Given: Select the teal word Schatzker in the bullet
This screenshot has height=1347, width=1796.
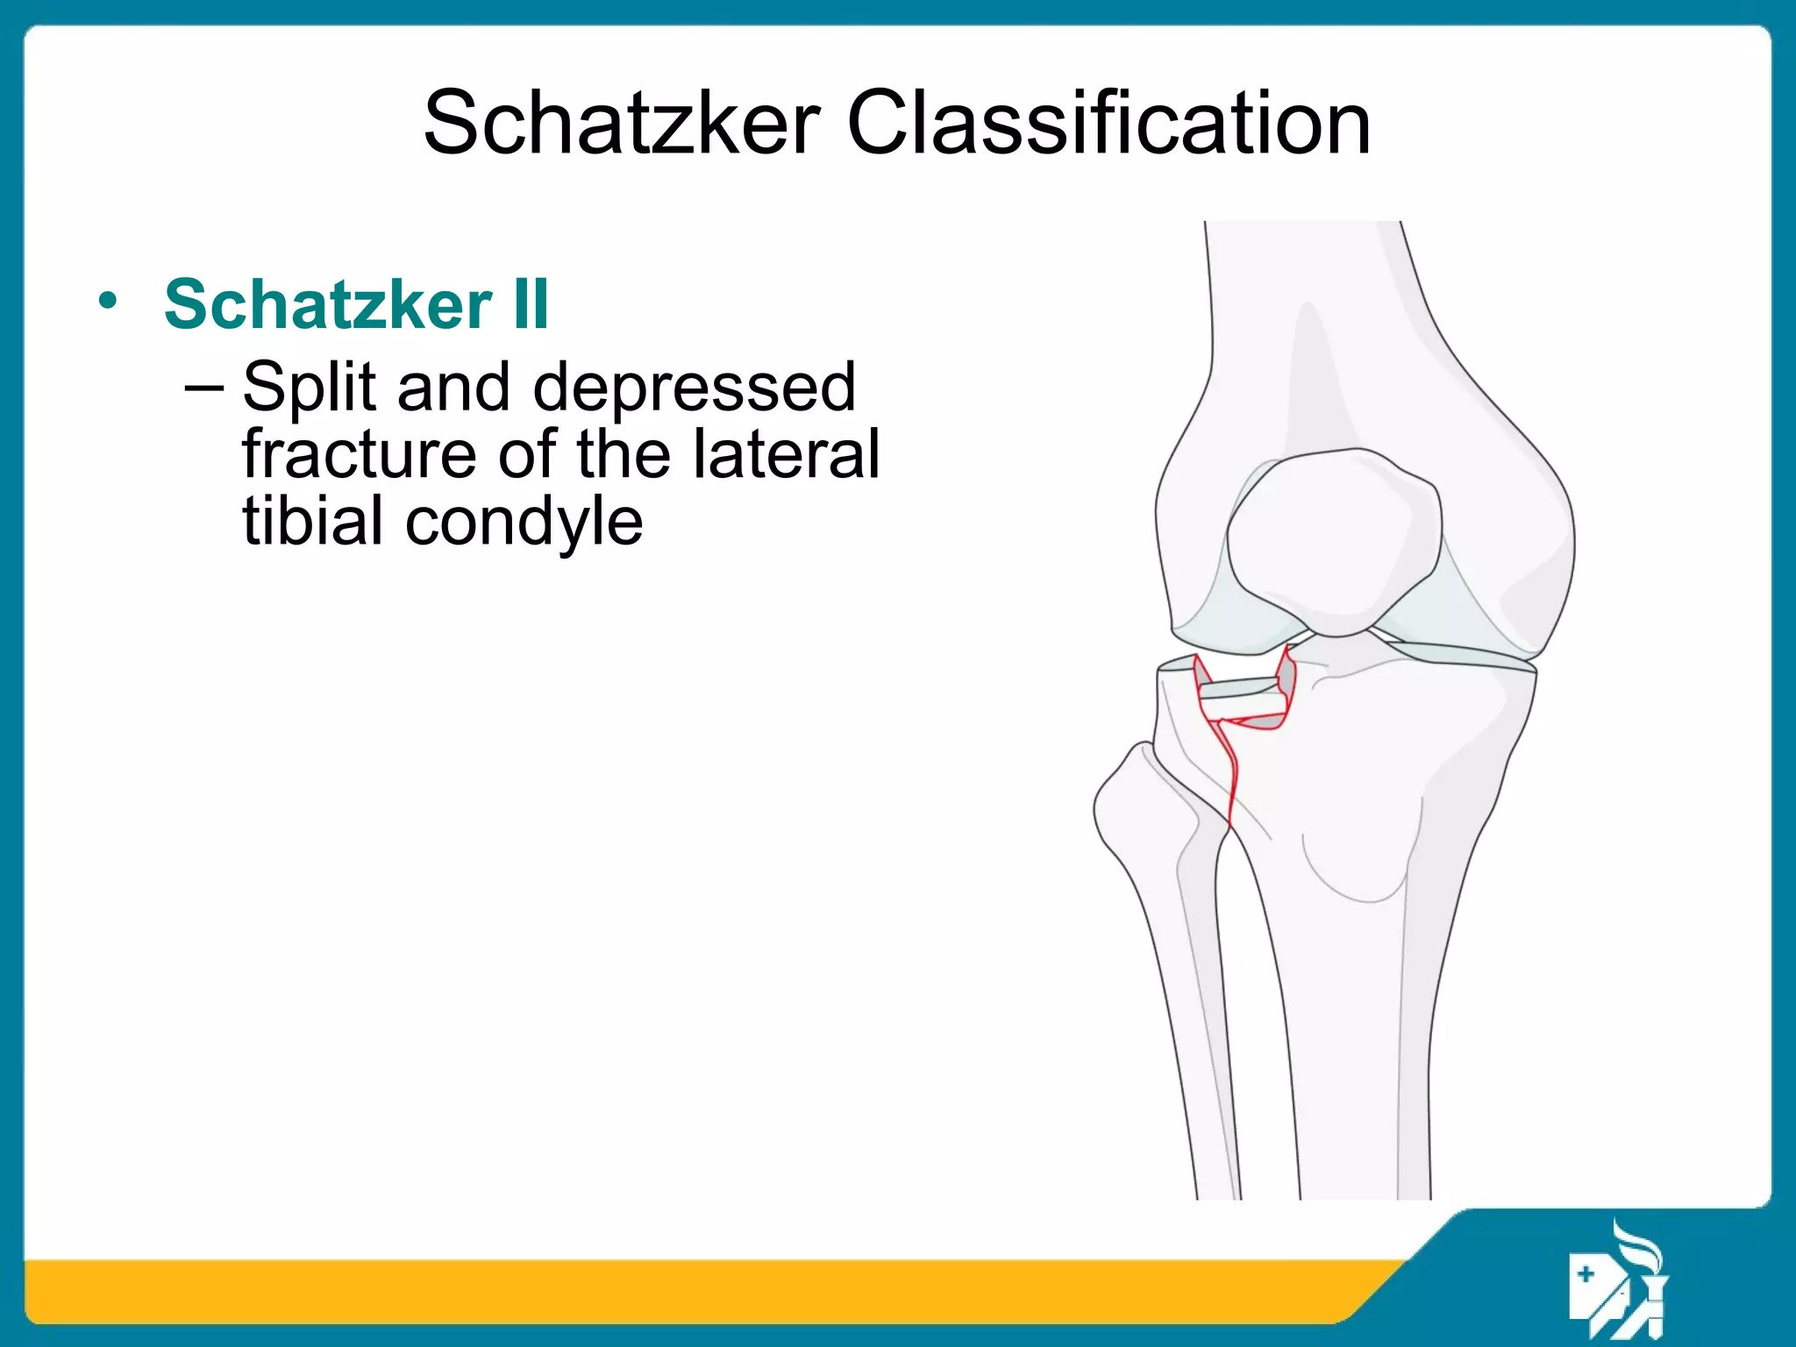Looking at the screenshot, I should point(328,303).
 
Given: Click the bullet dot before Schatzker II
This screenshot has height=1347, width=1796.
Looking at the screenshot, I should point(107,302).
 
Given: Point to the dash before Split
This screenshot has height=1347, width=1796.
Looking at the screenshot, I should point(204,387).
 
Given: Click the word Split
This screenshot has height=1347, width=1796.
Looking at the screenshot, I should point(309,387).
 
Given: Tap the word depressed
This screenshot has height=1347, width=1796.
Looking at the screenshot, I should point(694,387).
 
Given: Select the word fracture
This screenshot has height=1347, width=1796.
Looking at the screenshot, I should point(359,453).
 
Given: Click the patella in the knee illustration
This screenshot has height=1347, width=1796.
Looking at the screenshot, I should point(1333,539).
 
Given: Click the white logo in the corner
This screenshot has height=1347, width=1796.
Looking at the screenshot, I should point(1618,1280).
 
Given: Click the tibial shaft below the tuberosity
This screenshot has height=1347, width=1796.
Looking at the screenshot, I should point(1351,1052).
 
